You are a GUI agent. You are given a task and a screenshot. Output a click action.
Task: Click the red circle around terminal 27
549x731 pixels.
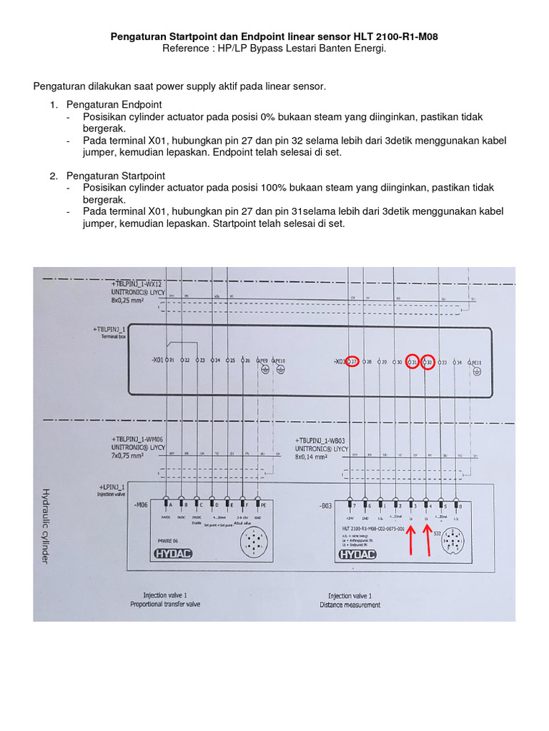click(352, 362)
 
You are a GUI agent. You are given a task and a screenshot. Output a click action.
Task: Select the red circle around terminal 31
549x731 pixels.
click(412, 362)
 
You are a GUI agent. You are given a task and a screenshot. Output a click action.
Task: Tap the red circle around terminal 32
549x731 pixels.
click(427, 362)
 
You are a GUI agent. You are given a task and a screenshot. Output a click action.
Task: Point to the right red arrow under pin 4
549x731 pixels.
click(427, 540)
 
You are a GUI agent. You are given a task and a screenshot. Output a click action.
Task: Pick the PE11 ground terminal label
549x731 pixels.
click(477, 363)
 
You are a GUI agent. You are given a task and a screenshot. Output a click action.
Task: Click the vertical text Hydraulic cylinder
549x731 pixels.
click(45, 525)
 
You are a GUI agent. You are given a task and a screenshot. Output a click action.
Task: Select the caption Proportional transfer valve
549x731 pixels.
click(165, 604)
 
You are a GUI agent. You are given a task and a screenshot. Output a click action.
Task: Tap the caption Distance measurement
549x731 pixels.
click(350, 605)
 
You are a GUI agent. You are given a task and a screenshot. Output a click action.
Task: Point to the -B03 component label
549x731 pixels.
click(325, 505)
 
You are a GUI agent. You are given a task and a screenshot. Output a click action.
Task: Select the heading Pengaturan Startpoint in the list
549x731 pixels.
click(116, 176)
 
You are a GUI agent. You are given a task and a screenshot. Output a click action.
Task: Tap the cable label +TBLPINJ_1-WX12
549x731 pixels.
click(141, 284)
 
